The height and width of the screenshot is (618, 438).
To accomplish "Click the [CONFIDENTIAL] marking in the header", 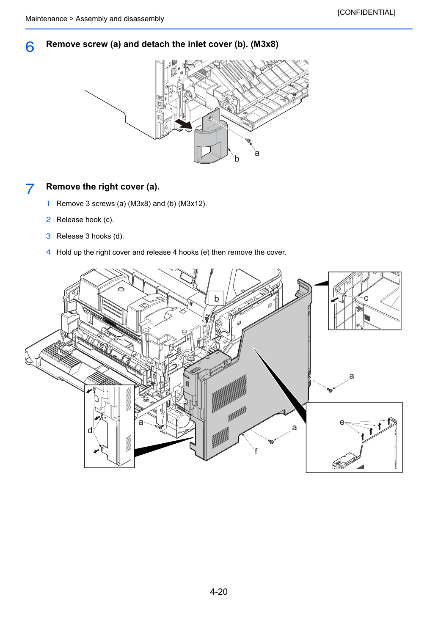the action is (x=366, y=12).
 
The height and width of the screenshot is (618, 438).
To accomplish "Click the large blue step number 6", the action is (x=30, y=47).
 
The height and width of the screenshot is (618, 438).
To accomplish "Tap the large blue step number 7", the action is (x=30, y=189).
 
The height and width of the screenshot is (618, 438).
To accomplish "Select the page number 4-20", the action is (x=219, y=591).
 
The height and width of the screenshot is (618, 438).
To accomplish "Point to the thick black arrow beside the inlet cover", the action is (x=183, y=124).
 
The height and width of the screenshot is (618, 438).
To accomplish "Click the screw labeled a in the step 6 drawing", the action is (x=248, y=141).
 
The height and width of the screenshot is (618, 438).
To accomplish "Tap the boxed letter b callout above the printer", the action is (x=216, y=299).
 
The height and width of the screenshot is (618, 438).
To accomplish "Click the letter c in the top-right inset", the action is (x=366, y=298).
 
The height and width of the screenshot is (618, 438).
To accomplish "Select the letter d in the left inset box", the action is (x=90, y=430).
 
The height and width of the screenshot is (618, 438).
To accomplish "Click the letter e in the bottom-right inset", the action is (x=342, y=422).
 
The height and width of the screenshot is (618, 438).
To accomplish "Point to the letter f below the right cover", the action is (x=256, y=451).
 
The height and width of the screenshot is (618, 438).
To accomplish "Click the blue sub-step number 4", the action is (x=48, y=252).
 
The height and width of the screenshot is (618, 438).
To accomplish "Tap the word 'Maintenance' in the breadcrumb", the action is (x=46, y=19).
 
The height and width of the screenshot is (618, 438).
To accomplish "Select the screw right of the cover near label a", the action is (x=330, y=390).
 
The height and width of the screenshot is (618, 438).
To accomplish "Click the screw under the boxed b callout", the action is (x=207, y=319).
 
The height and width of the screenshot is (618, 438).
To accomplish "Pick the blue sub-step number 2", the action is (x=48, y=220).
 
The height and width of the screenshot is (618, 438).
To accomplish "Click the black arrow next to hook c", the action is (x=335, y=299).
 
